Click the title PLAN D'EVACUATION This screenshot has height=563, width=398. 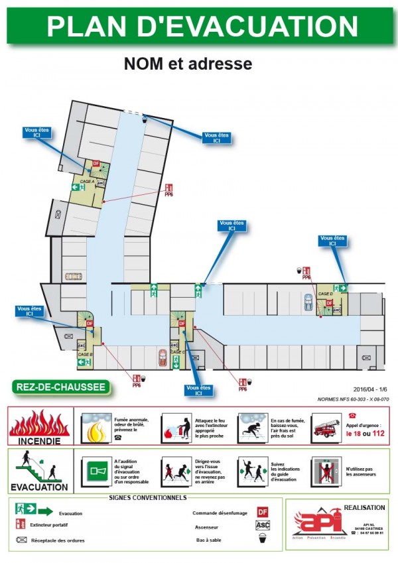coord(202,26)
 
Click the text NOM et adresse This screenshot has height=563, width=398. coord(188,64)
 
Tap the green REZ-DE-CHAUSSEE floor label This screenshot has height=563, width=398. coord(59,387)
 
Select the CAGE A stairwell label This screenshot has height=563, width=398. coord(87,181)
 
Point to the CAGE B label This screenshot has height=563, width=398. coord(85,355)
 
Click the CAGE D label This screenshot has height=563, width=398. coord(325,293)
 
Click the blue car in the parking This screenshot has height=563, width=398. coord(307,302)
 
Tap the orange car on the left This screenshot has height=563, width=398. coord(73,277)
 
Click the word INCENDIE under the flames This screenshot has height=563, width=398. coord(39,440)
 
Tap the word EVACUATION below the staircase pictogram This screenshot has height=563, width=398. coord(39,487)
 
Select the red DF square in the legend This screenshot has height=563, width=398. coord(263,512)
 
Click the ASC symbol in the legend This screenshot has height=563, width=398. coord(263,525)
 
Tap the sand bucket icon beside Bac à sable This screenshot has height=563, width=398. coord(263,539)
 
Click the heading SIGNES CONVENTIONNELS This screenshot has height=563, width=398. coord(148,497)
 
